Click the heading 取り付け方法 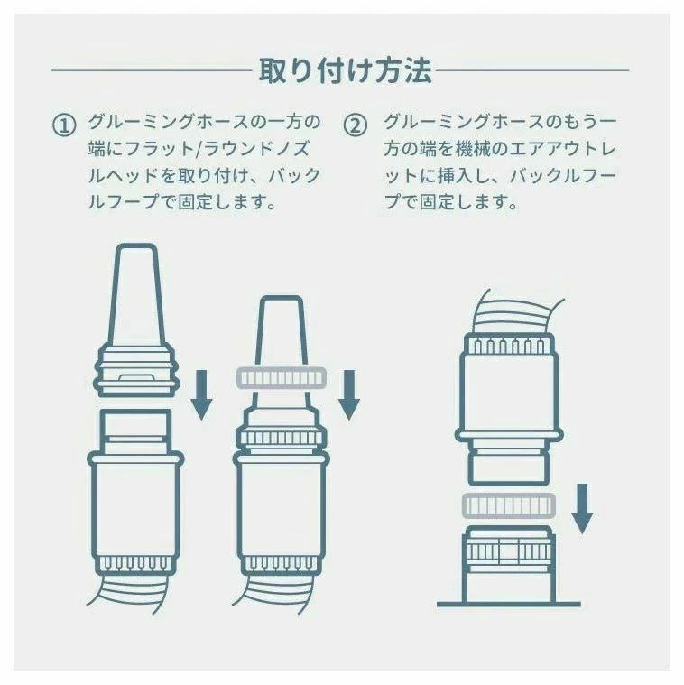coord(345,70)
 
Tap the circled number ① coord(64,125)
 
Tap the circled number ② coord(356,125)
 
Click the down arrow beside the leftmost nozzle coord(201,395)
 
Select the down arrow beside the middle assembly coord(348,395)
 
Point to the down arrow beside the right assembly coord(582,508)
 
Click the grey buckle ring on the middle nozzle coord(281,378)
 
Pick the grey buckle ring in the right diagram coord(509,506)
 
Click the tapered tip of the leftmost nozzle coord(135,294)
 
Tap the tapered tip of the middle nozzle coord(281,332)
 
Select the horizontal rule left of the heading coord(152,69)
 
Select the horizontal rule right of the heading coord(532,69)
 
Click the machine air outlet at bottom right coord(509,563)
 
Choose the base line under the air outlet coord(509,605)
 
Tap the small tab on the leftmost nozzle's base coord(136,377)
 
